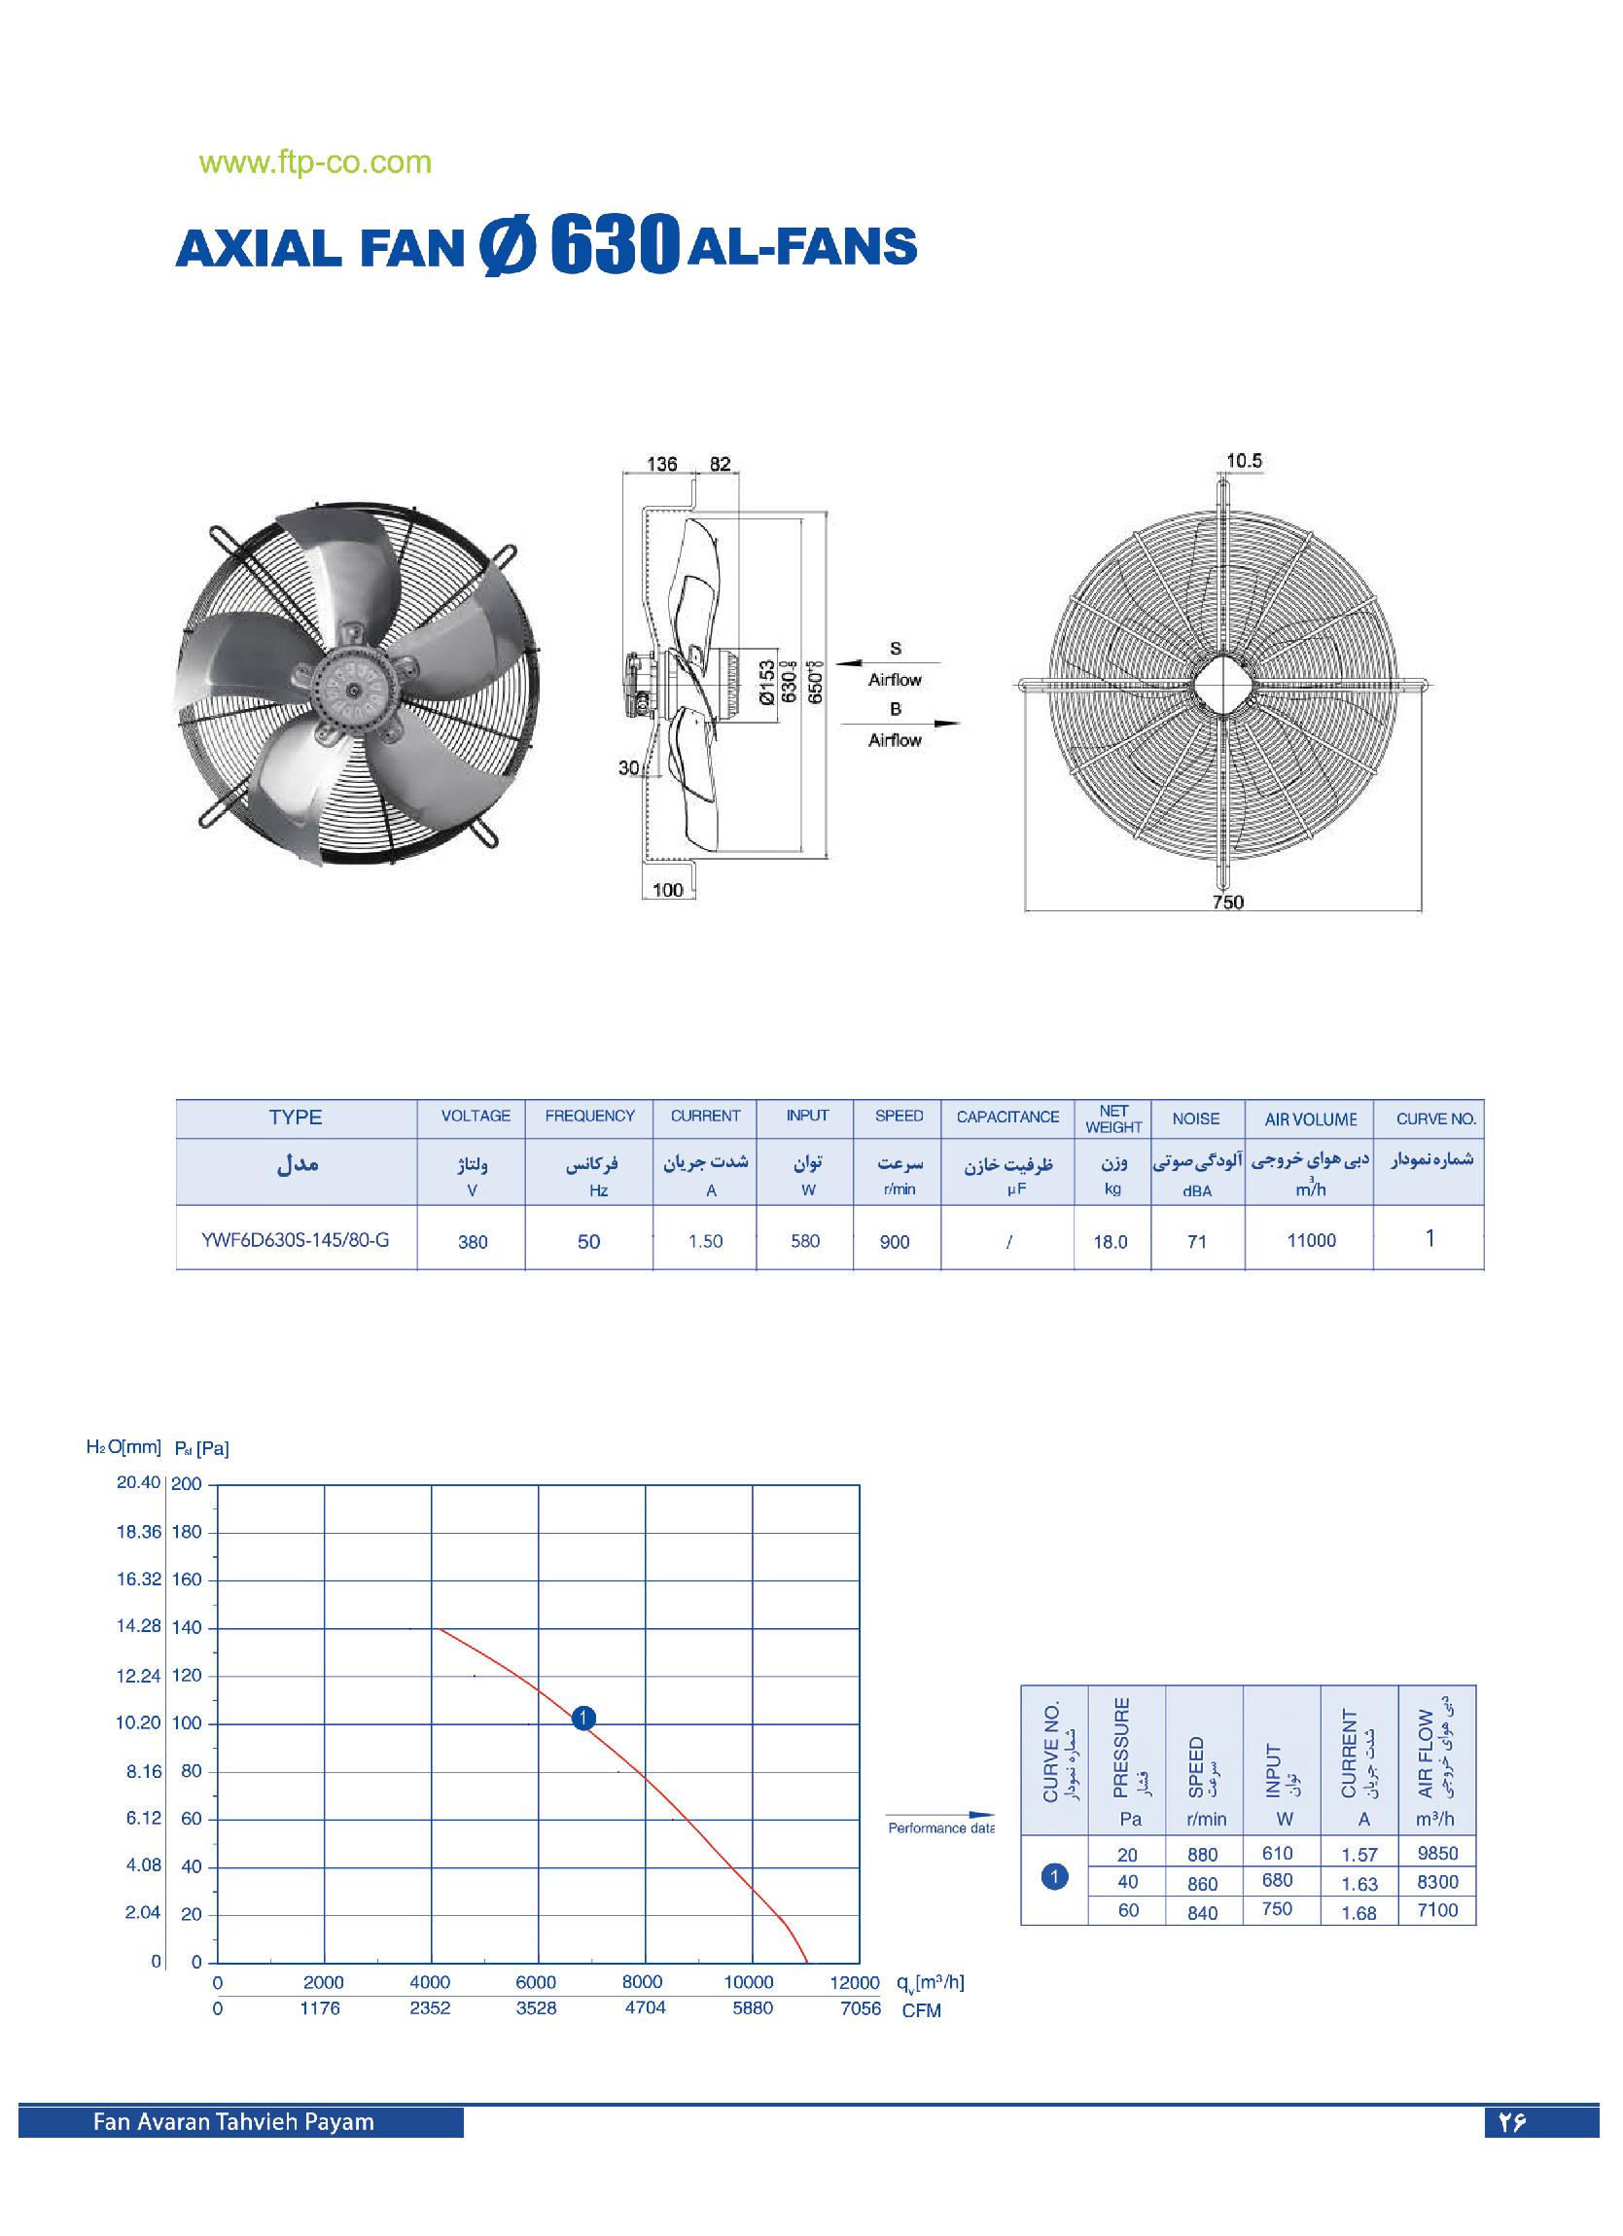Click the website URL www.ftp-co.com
point(315,162)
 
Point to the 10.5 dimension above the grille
point(1245,460)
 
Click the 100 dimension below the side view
point(667,889)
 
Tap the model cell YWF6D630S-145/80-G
point(295,1239)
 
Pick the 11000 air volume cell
point(1311,1240)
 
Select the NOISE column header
point(1195,1118)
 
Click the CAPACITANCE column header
point(1006,1117)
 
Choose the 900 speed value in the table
point(895,1241)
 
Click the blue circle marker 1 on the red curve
point(583,1719)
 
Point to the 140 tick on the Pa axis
point(187,1628)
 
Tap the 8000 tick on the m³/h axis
point(642,1981)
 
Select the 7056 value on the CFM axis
point(860,2008)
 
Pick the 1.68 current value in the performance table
point(1358,1913)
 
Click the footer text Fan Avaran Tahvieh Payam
point(233,2121)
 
